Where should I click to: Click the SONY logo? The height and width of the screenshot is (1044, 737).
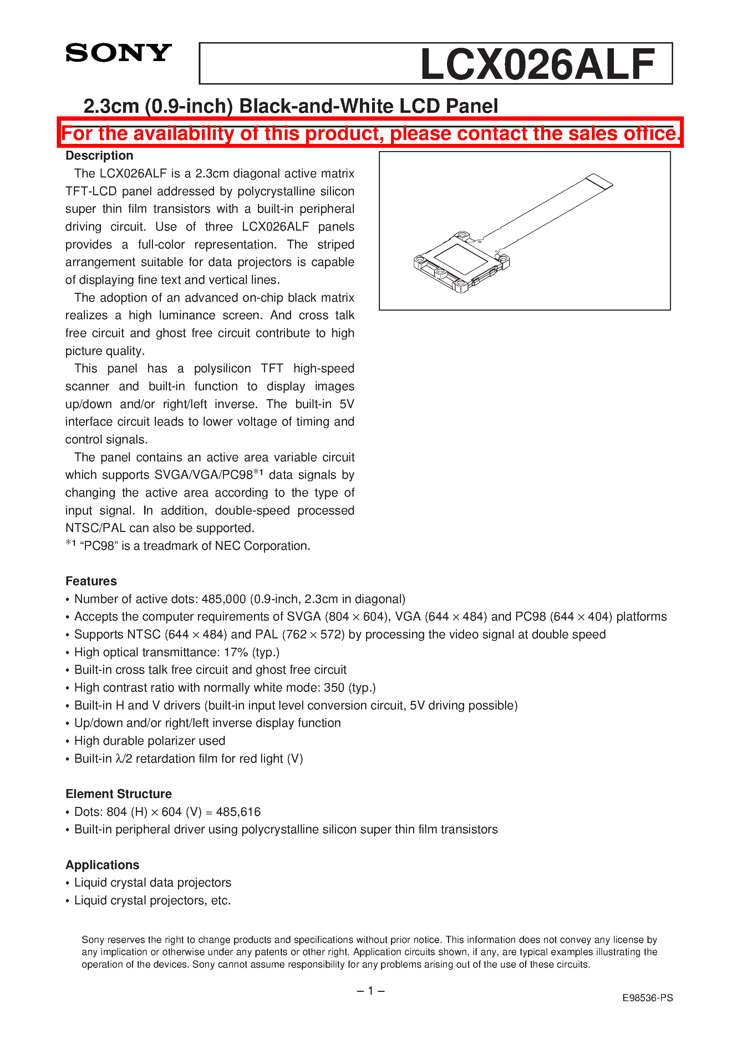pos(118,53)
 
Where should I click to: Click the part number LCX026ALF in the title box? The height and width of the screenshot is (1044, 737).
pos(538,65)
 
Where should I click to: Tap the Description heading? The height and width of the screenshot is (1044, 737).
pos(99,156)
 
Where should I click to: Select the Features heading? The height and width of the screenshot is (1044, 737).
pos(91,581)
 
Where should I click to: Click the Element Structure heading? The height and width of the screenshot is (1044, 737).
pos(118,794)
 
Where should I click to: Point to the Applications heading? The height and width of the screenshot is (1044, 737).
pos(102,865)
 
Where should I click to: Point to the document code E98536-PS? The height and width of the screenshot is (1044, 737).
pos(647,998)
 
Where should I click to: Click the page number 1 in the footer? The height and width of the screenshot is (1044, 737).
pos(370,991)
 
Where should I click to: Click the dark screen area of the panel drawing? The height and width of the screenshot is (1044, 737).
pos(460,259)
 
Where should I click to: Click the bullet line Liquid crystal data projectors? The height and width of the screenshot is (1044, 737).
pos(153,883)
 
